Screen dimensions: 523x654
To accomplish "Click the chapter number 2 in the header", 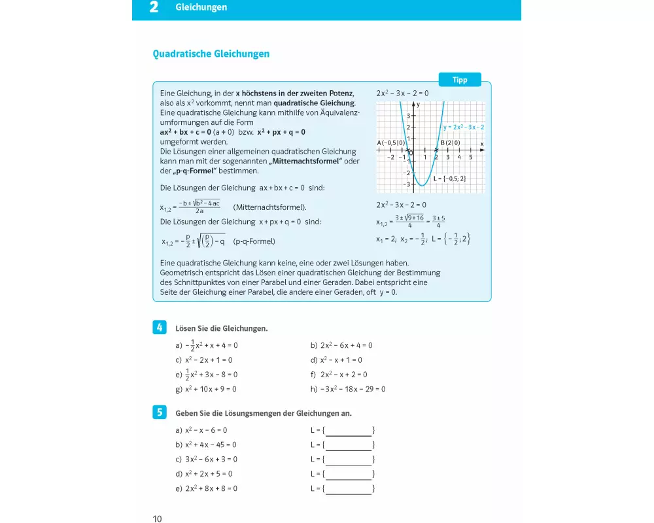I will (x=154, y=8).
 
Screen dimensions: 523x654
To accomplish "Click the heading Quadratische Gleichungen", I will (x=211, y=54).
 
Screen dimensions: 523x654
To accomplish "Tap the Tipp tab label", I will (x=460, y=80).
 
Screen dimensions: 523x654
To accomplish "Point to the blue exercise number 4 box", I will (x=159, y=327).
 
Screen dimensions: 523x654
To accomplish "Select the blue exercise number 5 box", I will (x=159, y=413).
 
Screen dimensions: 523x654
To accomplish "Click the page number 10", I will (x=157, y=519).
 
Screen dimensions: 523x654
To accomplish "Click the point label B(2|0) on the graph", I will (x=450, y=143).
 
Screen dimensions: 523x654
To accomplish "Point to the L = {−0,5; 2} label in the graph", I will (x=449, y=178).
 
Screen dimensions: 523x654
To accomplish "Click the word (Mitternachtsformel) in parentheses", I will (x=269, y=207).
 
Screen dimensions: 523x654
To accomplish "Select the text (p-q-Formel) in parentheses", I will (x=254, y=241).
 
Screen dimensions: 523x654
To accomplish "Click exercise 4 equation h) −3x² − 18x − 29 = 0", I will (x=348, y=389).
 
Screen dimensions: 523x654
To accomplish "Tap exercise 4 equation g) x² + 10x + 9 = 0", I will (x=206, y=389).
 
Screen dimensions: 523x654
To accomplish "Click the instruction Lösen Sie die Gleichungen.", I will (x=222, y=328).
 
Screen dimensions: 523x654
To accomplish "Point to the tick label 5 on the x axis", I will (x=470, y=157).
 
